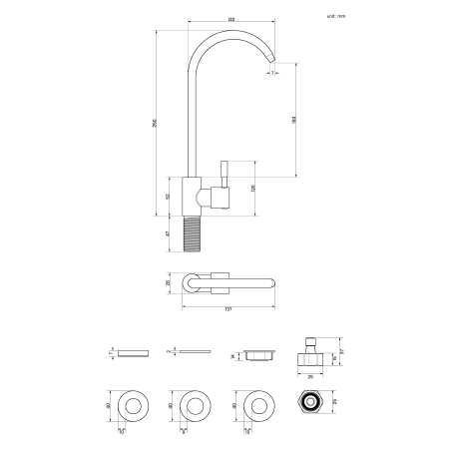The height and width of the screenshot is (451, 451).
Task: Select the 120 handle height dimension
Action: click(x=253, y=187)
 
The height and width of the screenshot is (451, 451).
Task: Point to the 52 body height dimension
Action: click(x=169, y=195)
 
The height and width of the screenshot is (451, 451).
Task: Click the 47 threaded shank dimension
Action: click(x=169, y=232)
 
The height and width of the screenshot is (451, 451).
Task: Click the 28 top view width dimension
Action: click(x=169, y=284)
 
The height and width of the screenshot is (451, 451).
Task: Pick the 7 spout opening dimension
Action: click(x=270, y=72)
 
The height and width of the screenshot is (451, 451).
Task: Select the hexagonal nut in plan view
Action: click(x=308, y=405)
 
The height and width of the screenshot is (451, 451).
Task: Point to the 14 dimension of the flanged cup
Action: click(x=232, y=354)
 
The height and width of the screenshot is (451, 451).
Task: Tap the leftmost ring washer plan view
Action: click(x=133, y=405)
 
